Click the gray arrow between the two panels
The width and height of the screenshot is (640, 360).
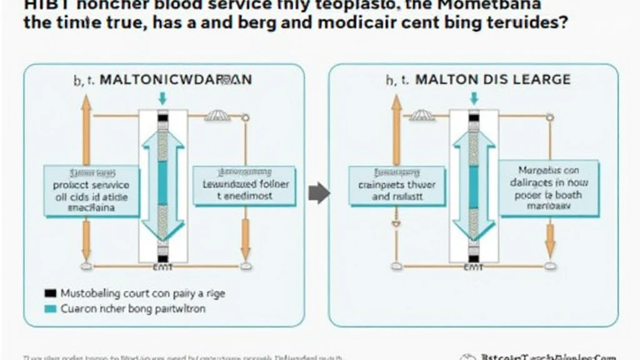(319, 193)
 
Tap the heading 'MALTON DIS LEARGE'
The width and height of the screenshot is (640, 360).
(491, 80)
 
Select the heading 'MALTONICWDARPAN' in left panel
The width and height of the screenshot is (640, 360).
(176, 80)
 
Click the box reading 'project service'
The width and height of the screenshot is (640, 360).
(92, 191)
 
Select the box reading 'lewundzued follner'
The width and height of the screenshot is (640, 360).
(244, 186)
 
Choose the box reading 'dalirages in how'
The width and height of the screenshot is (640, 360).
(549, 188)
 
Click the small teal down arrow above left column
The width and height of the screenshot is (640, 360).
(162, 98)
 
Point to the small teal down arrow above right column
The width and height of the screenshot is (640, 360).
(474, 98)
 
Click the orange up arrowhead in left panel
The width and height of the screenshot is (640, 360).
(86, 104)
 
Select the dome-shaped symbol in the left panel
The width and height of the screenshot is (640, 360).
(217, 116)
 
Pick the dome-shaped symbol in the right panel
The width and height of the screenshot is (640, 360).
(422, 116)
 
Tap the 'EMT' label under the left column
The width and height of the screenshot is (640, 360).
(162, 267)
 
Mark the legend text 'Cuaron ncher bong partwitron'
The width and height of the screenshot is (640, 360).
(133, 308)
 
